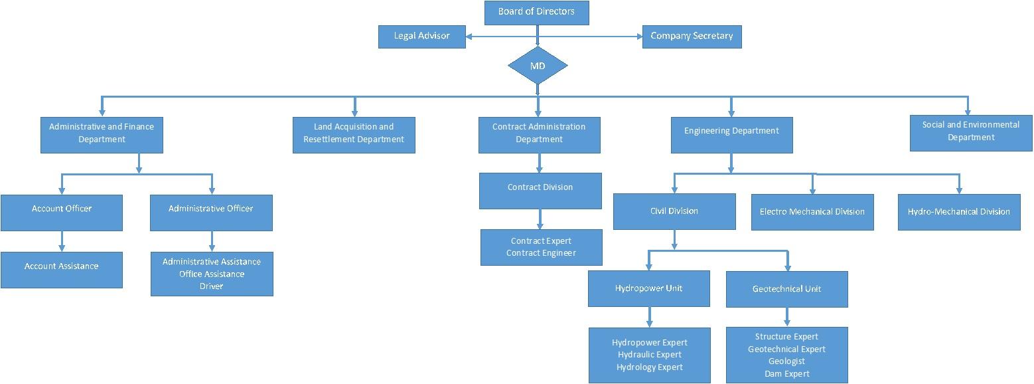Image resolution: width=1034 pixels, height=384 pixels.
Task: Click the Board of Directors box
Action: tap(536, 13)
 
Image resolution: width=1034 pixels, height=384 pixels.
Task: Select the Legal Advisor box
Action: tap(421, 37)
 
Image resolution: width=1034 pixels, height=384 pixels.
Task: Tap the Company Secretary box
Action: tap(692, 37)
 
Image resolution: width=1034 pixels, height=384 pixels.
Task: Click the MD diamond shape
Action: tap(538, 65)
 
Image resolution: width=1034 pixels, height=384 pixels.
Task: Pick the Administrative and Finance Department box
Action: tap(102, 134)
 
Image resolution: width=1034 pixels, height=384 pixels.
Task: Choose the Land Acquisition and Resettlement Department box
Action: tap(354, 134)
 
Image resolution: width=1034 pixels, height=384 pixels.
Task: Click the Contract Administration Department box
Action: tap(539, 134)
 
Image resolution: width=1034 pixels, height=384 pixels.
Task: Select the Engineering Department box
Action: tap(731, 134)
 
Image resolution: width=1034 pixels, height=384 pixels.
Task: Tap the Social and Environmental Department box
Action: tap(971, 132)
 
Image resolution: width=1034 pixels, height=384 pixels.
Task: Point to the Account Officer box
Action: tap(62, 212)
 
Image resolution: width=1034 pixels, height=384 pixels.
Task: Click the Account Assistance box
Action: tap(62, 269)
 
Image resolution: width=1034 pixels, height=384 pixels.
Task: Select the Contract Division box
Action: tap(540, 190)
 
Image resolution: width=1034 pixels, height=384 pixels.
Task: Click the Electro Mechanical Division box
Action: tap(812, 212)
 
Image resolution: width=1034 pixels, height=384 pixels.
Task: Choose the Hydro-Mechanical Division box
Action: tap(959, 212)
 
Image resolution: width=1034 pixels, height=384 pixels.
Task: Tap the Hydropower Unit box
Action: tap(648, 288)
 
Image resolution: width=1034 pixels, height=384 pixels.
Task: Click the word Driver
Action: tap(212, 286)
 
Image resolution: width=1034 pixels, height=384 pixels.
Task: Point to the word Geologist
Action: tap(786, 361)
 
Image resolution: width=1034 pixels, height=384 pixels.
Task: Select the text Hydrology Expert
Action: tap(649, 367)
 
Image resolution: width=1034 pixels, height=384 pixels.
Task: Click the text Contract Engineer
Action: tap(541, 253)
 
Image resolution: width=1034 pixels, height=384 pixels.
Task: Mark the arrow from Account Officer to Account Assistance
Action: tap(62, 240)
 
